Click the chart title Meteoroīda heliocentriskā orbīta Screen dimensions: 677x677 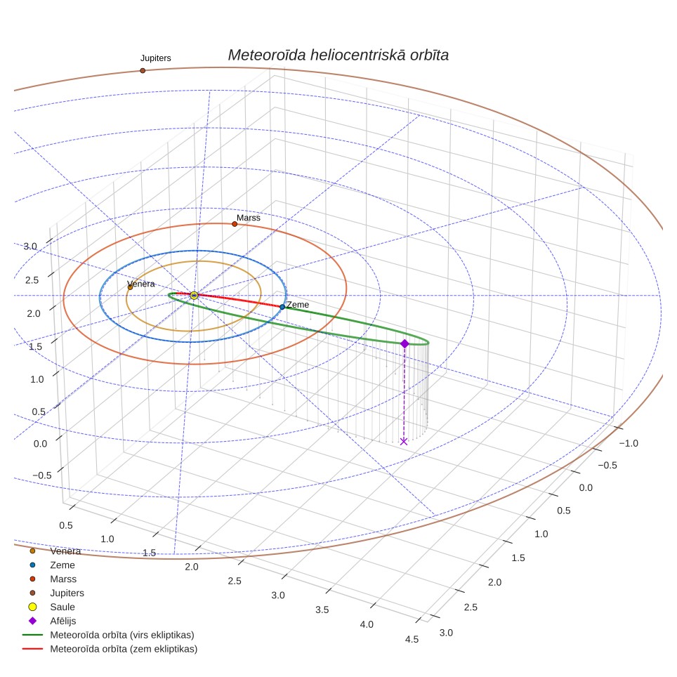338,55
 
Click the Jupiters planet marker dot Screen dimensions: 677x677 143,70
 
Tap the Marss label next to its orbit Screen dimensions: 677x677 249,218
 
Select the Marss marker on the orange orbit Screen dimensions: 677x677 235,224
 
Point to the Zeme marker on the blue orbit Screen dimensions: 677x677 282,307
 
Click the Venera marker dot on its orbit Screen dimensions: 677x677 130,287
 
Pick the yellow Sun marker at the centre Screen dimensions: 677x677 194,296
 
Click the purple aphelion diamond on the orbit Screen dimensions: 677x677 405,343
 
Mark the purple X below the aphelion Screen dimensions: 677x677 404,441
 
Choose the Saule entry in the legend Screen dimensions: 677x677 63,607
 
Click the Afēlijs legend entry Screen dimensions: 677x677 63,621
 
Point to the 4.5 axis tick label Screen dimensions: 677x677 412,640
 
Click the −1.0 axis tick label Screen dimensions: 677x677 629,443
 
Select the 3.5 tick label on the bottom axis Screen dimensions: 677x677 322,610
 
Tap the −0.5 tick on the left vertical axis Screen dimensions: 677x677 42,475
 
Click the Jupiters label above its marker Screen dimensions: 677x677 155,58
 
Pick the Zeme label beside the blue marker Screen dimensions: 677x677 298,305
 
